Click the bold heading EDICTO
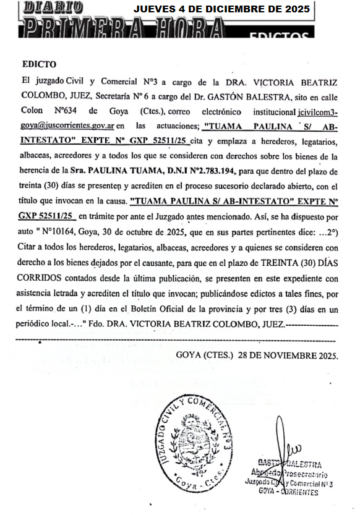[x=39, y=64]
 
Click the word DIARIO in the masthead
[x=53, y=7]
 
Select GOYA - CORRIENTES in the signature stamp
[x=289, y=492]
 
